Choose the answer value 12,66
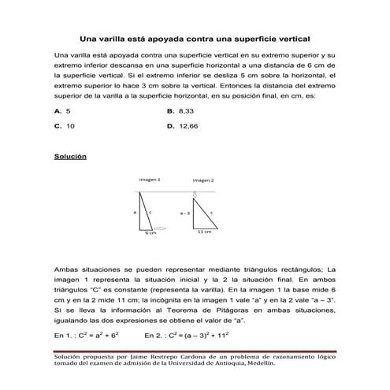[x=189, y=125]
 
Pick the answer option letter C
[x=58, y=125]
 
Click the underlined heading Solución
[x=69, y=157]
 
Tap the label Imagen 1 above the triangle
[x=150, y=180]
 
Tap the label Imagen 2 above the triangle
[x=202, y=180]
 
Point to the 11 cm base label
[x=204, y=232]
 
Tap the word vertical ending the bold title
[x=291, y=37]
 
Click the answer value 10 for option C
[x=71, y=125]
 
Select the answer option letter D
[x=170, y=125]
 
